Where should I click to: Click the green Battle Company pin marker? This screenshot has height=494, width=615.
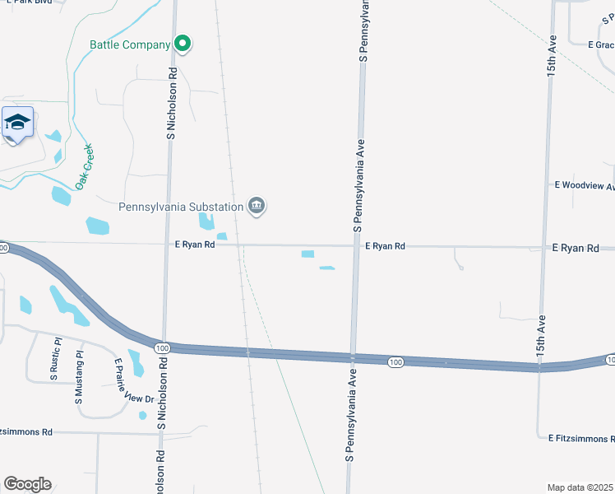coord(183,44)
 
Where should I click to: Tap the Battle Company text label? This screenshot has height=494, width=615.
coord(131,44)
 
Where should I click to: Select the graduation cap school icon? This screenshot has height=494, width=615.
coord(17,123)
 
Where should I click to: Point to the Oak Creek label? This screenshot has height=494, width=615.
coord(85,166)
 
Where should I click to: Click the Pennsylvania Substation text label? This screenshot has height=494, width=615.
coord(181,206)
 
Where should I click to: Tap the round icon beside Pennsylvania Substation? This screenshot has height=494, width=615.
coord(257,206)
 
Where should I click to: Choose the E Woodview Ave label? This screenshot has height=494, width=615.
coord(585,186)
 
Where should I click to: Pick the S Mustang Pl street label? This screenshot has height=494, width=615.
coord(80,375)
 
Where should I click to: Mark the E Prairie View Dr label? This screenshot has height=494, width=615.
coord(128,380)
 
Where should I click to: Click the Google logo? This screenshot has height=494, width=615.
coord(27,483)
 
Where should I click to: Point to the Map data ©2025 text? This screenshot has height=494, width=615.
coord(580,487)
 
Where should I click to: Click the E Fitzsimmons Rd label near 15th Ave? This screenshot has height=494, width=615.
coord(581,438)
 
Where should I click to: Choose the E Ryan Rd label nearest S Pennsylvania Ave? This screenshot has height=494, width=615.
coord(385,245)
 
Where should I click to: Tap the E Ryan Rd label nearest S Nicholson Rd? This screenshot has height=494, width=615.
coord(195,245)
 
